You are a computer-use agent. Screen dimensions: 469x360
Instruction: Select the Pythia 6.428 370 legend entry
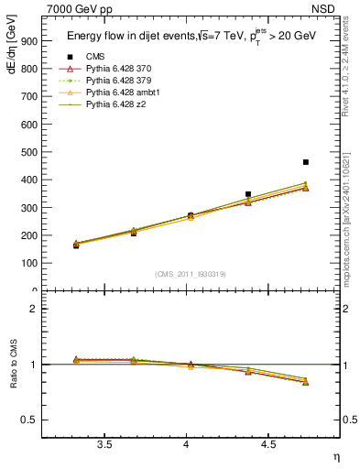[x=114, y=70]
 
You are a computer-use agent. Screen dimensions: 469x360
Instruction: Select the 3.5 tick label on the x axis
[x=104, y=444]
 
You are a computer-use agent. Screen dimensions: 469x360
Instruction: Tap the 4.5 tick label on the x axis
[x=267, y=444]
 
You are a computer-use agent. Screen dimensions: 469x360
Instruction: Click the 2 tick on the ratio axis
[x=33, y=309]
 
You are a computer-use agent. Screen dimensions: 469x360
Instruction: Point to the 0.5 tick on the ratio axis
[x=29, y=420]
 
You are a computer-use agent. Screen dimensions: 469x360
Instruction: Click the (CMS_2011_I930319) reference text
[x=186, y=273]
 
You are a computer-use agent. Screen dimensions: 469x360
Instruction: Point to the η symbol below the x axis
[x=334, y=457]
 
